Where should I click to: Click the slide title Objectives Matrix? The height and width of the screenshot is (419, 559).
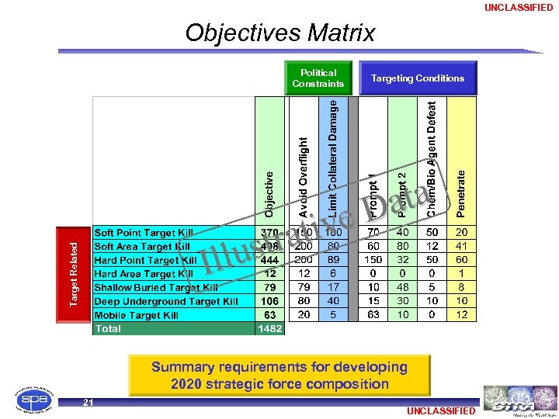[x=279, y=33]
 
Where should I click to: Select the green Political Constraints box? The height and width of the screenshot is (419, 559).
[x=318, y=78]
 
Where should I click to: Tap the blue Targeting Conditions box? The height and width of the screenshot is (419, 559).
[x=418, y=78]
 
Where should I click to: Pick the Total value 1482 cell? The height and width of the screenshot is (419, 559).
[x=270, y=329]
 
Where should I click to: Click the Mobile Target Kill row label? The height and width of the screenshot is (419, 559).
[x=137, y=315]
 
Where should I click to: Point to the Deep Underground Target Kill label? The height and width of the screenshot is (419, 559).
[x=166, y=301]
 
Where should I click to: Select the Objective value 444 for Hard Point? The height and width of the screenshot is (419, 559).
[x=270, y=260]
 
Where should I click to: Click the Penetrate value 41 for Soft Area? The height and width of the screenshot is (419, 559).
[x=462, y=246]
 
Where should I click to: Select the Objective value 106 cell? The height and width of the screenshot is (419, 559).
[x=270, y=301]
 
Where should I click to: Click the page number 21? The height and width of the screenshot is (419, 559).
[x=89, y=402]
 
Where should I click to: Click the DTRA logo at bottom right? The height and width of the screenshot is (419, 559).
[x=519, y=398]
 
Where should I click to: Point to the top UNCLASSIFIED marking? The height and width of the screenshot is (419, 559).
[x=519, y=8]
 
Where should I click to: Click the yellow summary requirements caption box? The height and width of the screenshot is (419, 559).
[x=279, y=376]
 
